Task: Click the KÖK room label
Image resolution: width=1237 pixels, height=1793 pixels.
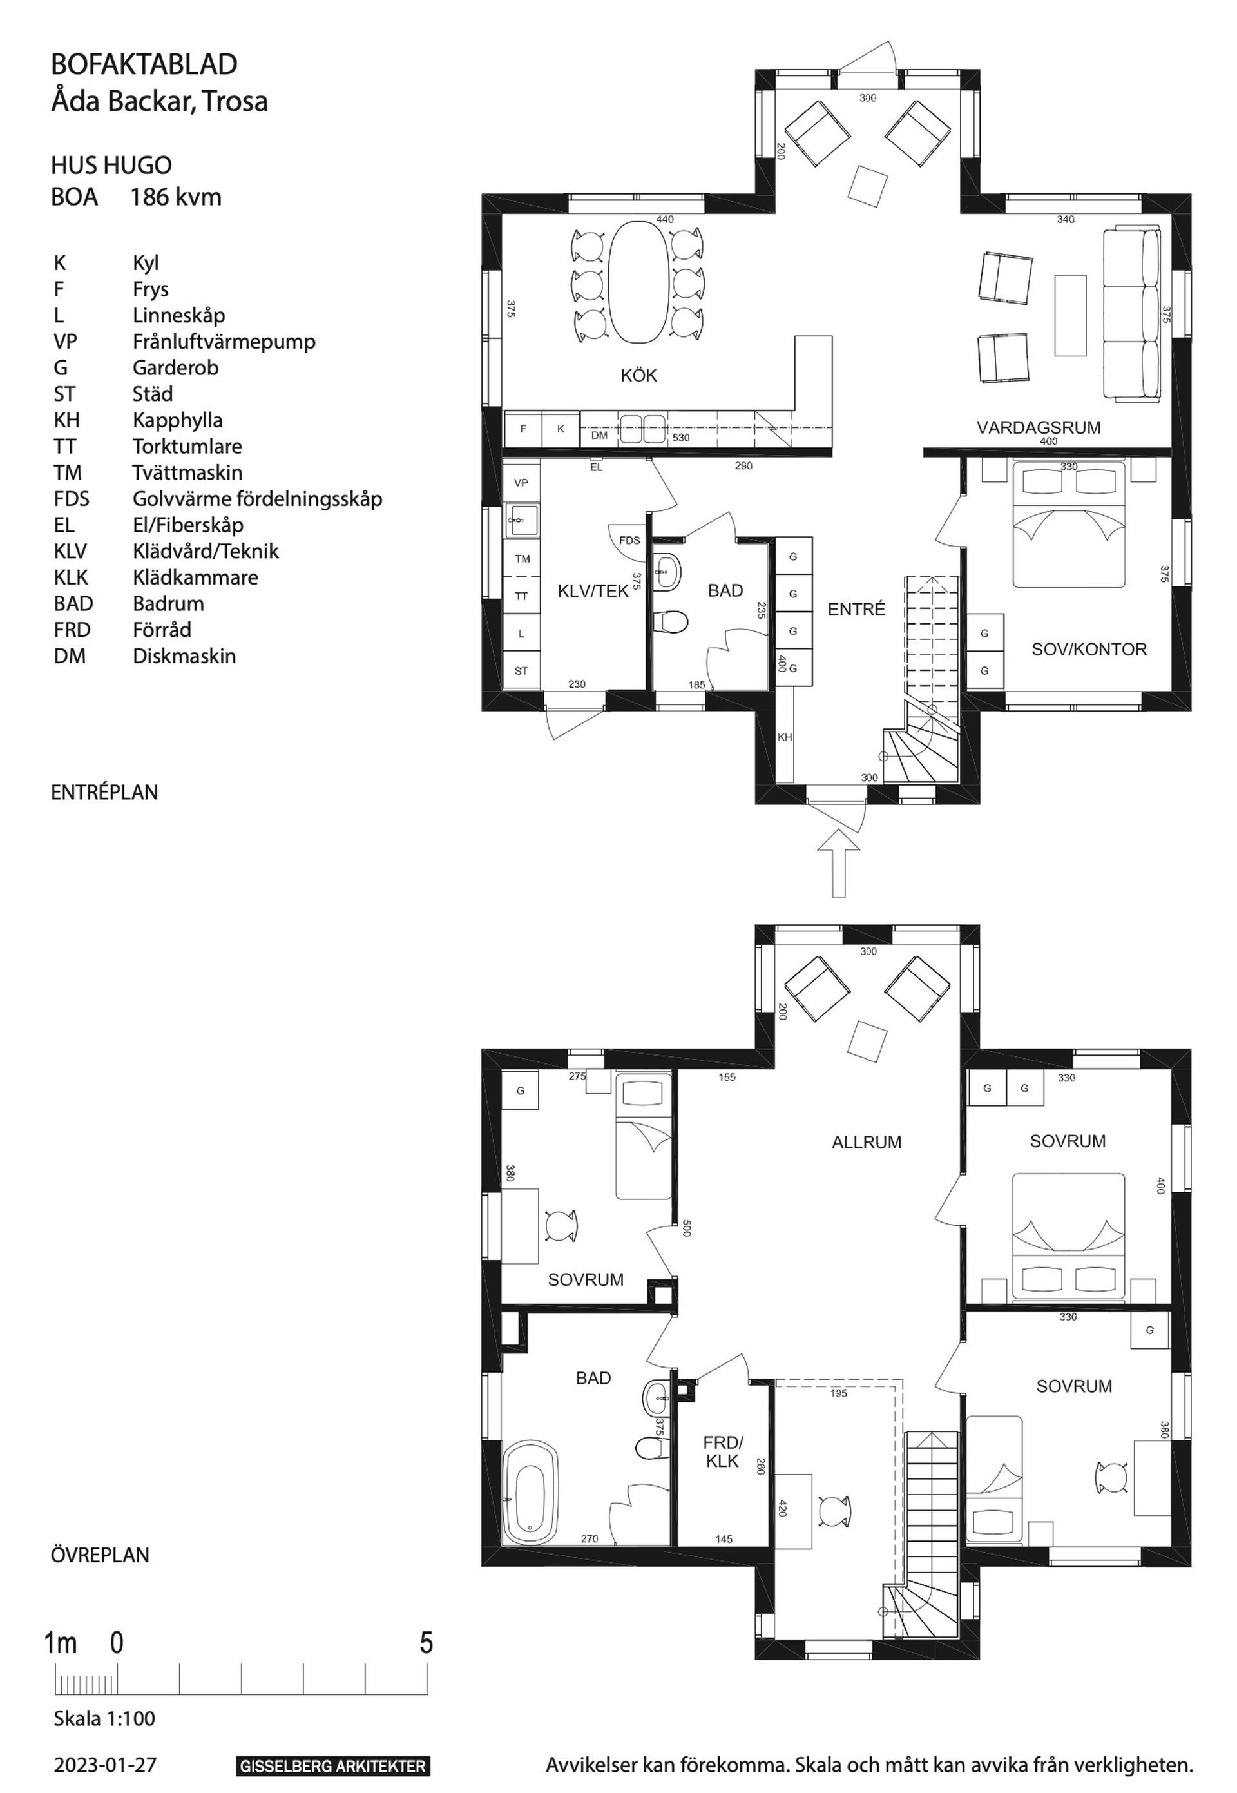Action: pyautogui.click(x=638, y=376)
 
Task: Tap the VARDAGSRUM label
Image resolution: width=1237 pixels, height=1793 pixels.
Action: pyautogui.click(x=1039, y=428)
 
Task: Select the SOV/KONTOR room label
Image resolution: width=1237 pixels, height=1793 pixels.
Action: pyautogui.click(x=1089, y=650)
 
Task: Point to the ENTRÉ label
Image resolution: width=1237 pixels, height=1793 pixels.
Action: pyautogui.click(x=856, y=609)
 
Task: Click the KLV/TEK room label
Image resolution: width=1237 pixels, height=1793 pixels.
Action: pyautogui.click(x=593, y=592)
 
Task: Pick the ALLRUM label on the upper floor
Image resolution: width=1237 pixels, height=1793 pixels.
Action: pyautogui.click(x=867, y=1143)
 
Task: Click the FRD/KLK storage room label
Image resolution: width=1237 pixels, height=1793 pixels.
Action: pyautogui.click(x=722, y=1452)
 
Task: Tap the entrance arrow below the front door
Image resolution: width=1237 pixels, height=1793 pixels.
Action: pyautogui.click(x=839, y=863)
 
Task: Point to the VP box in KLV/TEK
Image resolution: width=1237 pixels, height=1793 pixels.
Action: pyautogui.click(x=521, y=483)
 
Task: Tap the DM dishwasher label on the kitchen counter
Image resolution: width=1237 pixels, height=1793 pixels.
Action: pyautogui.click(x=599, y=436)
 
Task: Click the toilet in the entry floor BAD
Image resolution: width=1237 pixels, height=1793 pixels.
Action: pyautogui.click(x=671, y=621)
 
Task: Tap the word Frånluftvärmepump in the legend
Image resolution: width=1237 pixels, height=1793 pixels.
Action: pyautogui.click(x=224, y=342)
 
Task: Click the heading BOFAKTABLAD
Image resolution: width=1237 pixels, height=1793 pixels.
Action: pyautogui.click(x=144, y=64)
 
